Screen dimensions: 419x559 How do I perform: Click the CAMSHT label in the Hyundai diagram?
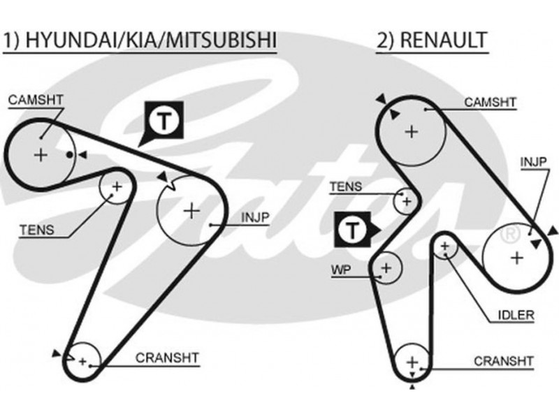click(x=36, y=100)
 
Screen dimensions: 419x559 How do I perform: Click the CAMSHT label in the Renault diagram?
click(x=491, y=103)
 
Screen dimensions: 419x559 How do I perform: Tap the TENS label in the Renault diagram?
click(x=345, y=186)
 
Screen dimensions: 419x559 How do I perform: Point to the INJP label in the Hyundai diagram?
click(x=255, y=218)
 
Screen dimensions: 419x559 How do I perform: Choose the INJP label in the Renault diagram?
click(x=533, y=162)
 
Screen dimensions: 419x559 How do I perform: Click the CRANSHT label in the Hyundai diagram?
click(x=168, y=358)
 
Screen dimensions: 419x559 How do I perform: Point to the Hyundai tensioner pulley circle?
click(x=116, y=186)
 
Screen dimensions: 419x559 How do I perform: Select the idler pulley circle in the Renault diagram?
click(x=444, y=247)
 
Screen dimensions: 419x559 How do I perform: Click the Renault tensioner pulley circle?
click(x=405, y=201)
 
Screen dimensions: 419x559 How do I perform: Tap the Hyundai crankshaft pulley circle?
click(x=85, y=361)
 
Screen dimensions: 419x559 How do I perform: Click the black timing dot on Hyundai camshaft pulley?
click(x=70, y=154)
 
